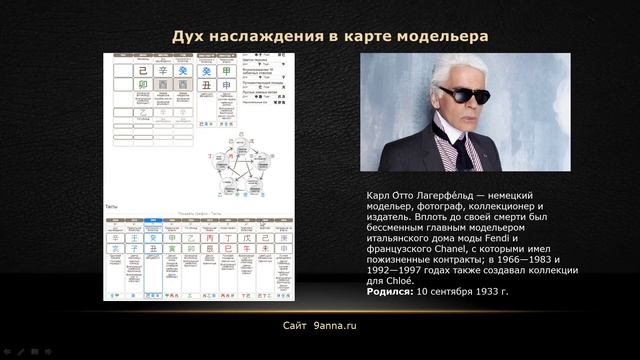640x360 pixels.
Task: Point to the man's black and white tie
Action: coord(463,150)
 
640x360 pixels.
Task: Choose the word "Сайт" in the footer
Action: coord(296,326)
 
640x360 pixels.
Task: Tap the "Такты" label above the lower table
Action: coord(112,207)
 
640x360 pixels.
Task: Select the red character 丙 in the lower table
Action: coord(207,238)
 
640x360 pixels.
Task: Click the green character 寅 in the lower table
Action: coord(171,251)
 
